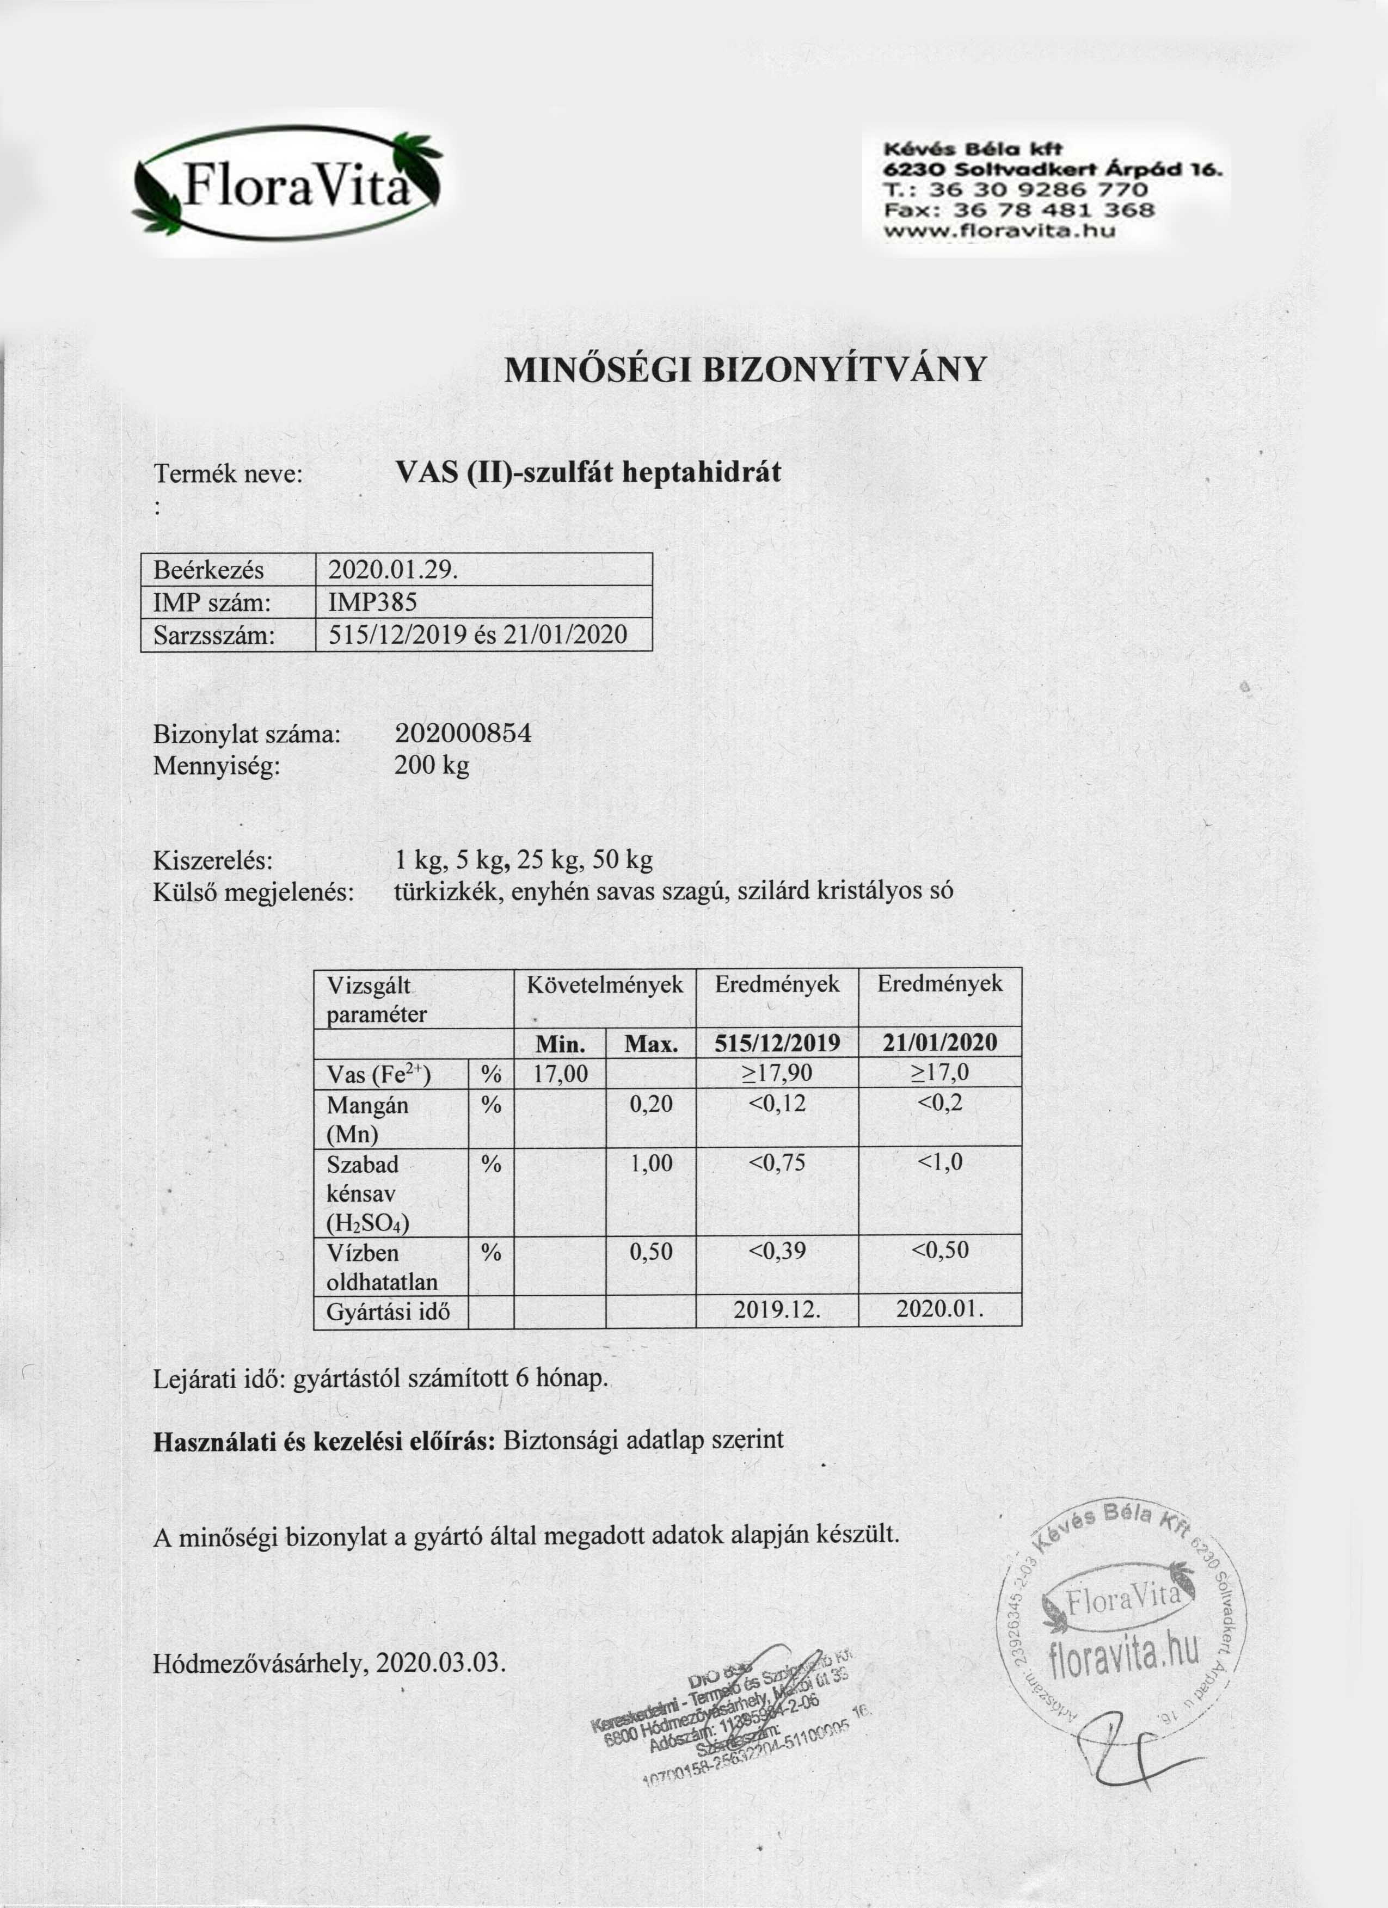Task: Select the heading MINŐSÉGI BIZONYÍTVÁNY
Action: coord(744,370)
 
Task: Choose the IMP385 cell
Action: coord(373,602)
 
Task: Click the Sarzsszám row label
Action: coord(214,635)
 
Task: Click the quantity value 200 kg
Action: coord(432,766)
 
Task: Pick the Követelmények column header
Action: coord(604,985)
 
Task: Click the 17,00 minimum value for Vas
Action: coord(560,1074)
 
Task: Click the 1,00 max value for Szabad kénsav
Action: coord(651,1164)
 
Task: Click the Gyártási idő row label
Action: coord(389,1310)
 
